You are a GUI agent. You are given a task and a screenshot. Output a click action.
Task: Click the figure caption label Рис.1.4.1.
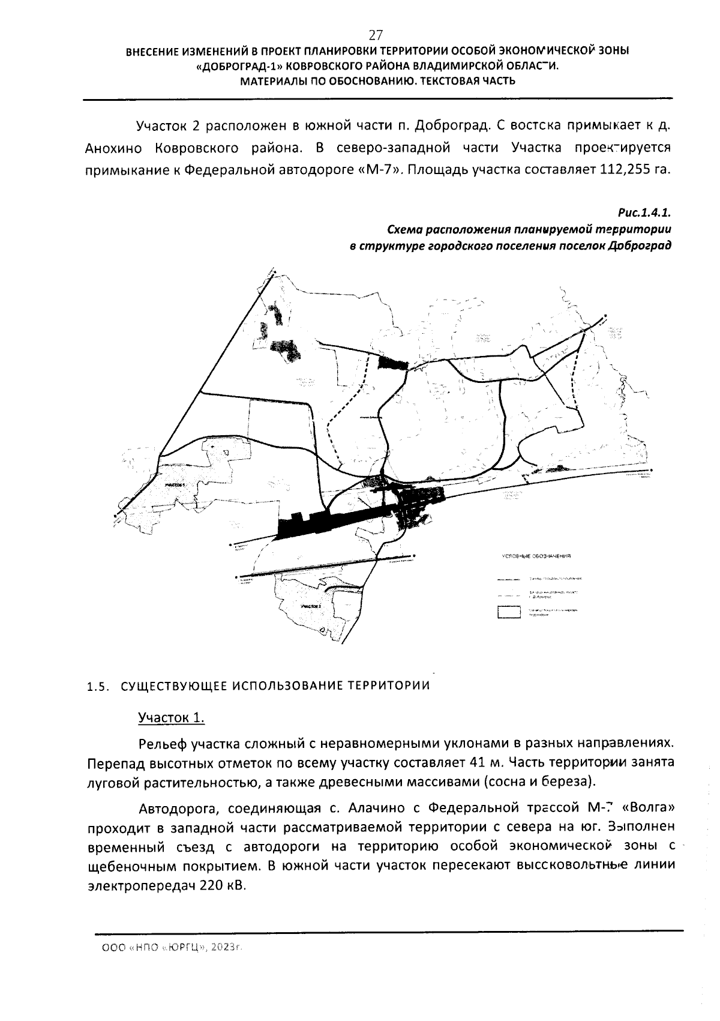(644, 212)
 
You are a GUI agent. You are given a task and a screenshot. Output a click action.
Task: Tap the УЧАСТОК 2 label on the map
(311, 607)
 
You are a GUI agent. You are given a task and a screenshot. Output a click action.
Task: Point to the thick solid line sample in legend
(508, 580)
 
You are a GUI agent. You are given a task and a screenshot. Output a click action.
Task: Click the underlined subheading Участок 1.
(172, 717)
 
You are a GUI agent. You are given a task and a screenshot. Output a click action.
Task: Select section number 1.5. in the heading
(96, 687)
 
